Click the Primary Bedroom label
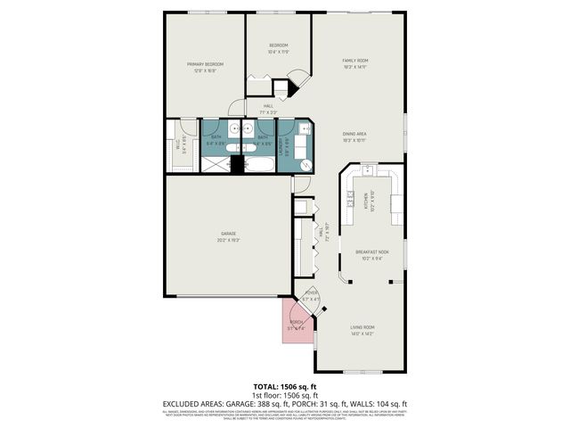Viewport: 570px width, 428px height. [x=205, y=64]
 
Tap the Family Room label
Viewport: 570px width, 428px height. [x=355, y=61]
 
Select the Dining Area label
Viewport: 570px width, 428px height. [x=355, y=134]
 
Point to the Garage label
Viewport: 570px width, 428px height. [x=228, y=234]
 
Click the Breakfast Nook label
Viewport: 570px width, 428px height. [x=370, y=252]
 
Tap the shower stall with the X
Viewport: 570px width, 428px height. [x=215, y=164]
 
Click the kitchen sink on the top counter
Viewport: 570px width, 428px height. [x=364, y=169]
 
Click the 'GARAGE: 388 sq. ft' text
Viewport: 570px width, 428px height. [x=264, y=402]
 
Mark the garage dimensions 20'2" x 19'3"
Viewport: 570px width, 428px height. [x=228, y=240]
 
